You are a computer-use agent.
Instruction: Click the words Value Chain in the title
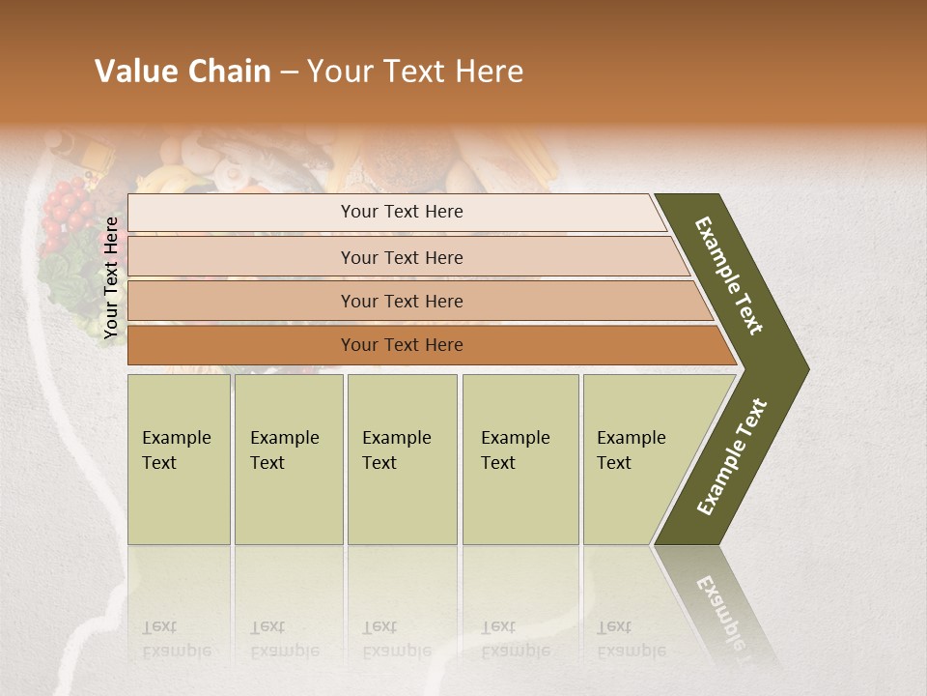click(183, 72)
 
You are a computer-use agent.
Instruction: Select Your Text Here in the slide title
click(415, 72)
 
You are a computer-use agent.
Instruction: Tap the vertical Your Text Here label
click(111, 277)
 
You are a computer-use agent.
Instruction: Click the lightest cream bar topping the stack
click(401, 212)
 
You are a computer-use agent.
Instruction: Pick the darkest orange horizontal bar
click(401, 345)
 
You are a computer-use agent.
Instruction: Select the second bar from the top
click(401, 257)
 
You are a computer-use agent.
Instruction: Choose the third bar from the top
click(401, 301)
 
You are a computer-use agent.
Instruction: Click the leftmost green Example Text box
click(179, 459)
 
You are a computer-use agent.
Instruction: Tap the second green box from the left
click(288, 459)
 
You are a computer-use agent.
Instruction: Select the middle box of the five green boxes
click(401, 459)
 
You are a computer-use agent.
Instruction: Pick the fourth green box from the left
click(520, 459)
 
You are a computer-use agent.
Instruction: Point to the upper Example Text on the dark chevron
click(729, 275)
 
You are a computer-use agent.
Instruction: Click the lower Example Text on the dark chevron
click(731, 457)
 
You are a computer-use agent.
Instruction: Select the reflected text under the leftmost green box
click(177, 639)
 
